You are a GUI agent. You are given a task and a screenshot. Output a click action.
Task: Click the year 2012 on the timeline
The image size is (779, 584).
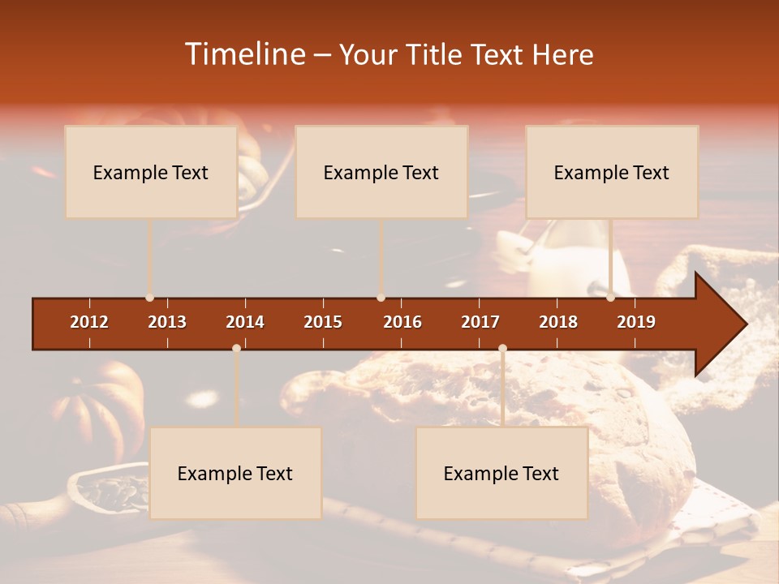tap(89, 322)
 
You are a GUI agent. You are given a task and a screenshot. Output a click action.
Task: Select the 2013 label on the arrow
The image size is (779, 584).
tap(167, 322)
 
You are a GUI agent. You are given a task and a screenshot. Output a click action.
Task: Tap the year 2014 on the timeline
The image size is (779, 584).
tap(245, 322)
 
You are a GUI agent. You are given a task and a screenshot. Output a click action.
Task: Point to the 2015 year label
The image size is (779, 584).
tap(323, 322)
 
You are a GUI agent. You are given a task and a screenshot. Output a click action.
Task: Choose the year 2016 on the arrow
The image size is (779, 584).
tap(402, 322)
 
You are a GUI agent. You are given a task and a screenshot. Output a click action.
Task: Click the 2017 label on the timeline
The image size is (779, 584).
tap(480, 322)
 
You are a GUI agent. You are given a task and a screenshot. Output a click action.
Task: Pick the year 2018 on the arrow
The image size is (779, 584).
tap(558, 322)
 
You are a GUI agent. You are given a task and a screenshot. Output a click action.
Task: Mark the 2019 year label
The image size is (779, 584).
tap(636, 322)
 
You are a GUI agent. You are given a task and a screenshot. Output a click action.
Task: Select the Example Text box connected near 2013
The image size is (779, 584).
tap(151, 172)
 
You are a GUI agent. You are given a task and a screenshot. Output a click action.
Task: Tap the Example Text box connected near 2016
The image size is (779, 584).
tap(381, 172)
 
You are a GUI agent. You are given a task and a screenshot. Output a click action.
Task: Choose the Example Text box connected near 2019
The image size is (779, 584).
tap(612, 172)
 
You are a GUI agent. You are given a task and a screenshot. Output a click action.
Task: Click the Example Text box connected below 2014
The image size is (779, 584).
tap(235, 473)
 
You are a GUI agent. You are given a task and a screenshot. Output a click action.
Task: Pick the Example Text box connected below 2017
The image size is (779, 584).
tap(501, 473)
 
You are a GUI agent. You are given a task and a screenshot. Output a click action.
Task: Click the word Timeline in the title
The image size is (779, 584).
tap(244, 54)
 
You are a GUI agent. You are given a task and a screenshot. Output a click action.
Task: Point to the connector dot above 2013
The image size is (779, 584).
tap(149, 298)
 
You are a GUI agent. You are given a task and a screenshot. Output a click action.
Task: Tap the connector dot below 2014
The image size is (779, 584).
tap(236, 348)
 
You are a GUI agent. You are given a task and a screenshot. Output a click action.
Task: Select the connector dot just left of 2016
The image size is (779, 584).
tap(381, 298)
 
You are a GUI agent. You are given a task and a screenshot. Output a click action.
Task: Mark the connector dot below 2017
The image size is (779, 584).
tap(502, 348)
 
